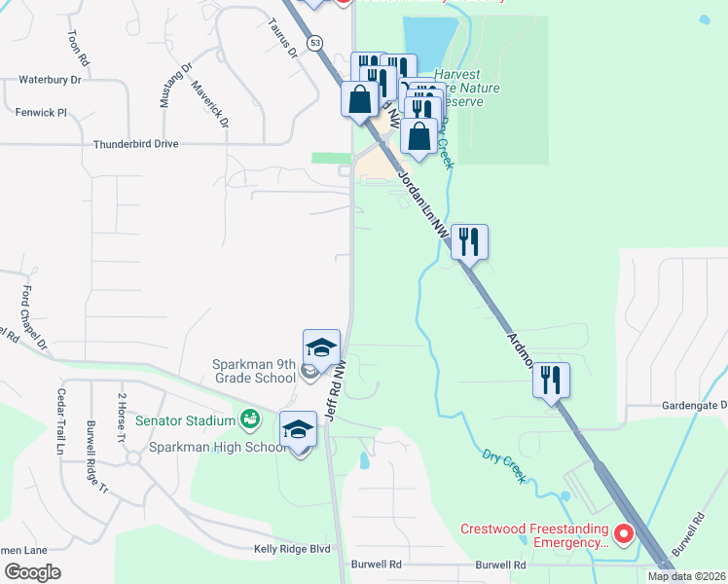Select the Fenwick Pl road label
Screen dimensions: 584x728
(41, 113)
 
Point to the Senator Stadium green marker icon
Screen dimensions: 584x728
(250, 420)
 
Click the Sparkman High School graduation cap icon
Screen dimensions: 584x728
(299, 429)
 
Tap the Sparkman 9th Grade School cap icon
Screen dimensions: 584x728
(322, 347)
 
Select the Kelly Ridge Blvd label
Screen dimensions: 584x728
(292, 549)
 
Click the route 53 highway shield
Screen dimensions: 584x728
(314, 43)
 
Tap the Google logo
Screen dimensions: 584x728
(32, 571)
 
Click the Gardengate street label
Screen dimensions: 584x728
(695, 405)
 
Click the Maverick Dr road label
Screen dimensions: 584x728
(209, 104)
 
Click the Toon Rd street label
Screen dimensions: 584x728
(78, 48)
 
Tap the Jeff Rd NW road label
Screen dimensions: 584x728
(335, 389)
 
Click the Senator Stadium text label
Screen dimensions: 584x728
(185, 420)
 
